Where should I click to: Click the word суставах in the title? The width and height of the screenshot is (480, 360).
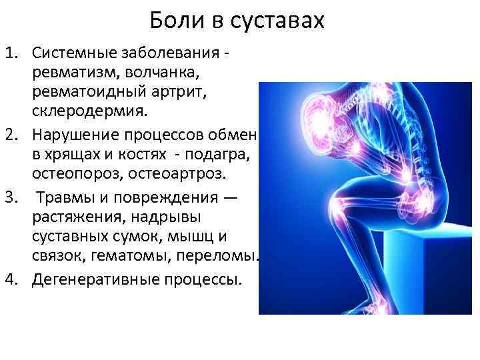point(278,21)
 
